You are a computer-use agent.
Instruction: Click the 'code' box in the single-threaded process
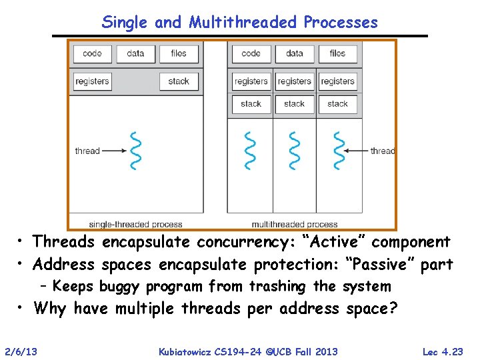(x=92, y=53)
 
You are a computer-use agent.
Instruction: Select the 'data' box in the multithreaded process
(x=294, y=53)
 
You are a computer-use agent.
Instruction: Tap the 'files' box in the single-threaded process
(x=178, y=53)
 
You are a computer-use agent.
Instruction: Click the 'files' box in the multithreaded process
(x=337, y=53)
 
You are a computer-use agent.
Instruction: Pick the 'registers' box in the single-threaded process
(x=92, y=81)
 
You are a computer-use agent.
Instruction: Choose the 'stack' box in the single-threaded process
(x=178, y=81)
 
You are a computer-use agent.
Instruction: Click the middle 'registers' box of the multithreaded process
(x=294, y=81)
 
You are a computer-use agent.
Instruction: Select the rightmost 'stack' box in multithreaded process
(x=337, y=104)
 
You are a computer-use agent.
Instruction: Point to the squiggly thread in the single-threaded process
(x=136, y=151)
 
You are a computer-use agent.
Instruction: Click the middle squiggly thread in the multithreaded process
(x=293, y=151)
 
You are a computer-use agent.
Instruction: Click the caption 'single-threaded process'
(x=135, y=225)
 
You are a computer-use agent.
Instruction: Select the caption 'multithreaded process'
(x=294, y=225)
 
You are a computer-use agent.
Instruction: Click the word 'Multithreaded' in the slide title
(x=243, y=22)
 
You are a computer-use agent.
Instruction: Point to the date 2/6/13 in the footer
(x=21, y=351)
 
